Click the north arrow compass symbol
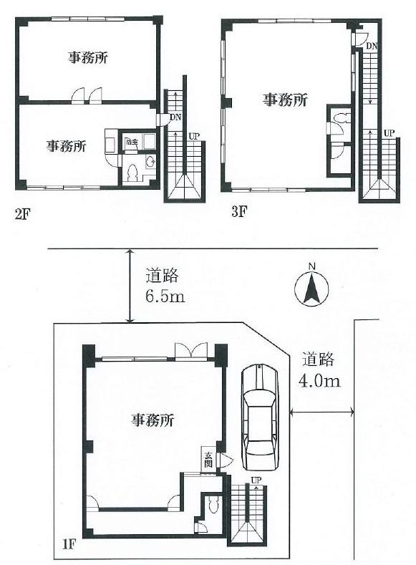[x=311, y=287]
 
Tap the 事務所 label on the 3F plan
[x=284, y=101]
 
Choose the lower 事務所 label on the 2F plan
[x=67, y=146]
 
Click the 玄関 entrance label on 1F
[x=208, y=460]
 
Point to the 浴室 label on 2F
[x=131, y=143]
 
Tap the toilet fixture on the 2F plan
[x=133, y=172]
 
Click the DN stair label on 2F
[x=175, y=118]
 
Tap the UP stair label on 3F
[x=389, y=133]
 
